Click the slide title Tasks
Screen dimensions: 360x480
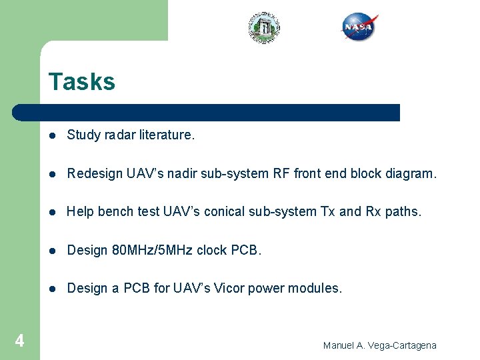click(81, 82)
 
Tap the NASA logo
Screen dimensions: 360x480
click(360, 27)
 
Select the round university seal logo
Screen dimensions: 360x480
click(264, 28)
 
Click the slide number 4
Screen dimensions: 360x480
click(19, 341)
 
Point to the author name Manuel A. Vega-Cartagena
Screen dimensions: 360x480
click(379, 345)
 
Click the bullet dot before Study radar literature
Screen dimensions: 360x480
click(51, 135)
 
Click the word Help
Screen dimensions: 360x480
click(81, 212)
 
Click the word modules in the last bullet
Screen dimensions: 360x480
click(316, 289)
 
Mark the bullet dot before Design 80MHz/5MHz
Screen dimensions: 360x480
click(51, 251)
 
